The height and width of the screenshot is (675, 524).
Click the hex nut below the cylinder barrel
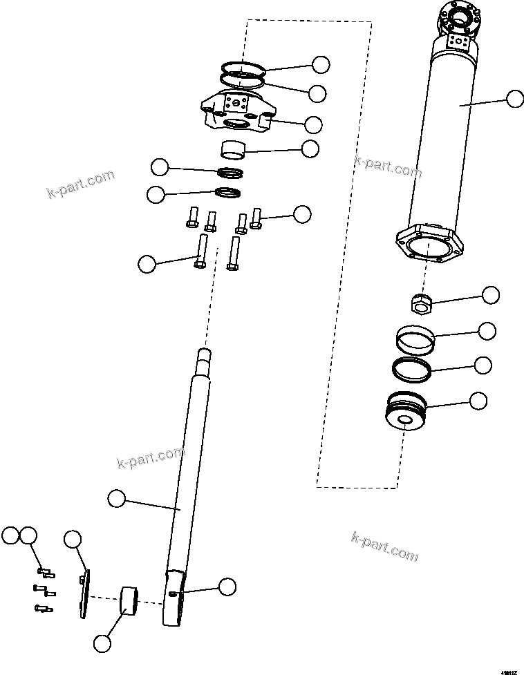click(418, 302)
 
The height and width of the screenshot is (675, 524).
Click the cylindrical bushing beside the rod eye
click(129, 600)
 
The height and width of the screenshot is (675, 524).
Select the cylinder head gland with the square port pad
click(238, 113)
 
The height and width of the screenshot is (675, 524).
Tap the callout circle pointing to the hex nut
click(490, 295)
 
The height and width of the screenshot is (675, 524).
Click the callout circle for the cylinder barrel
click(514, 99)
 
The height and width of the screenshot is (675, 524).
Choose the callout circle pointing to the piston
click(478, 400)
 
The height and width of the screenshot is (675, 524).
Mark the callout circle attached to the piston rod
click(117, 497)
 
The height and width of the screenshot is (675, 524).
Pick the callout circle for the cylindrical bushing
click(102, 643)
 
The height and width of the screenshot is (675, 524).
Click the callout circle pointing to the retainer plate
click(73, 540)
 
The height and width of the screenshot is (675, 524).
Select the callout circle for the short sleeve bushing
click(310, 148)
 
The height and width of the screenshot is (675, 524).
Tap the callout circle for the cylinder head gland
click(313, 124)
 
